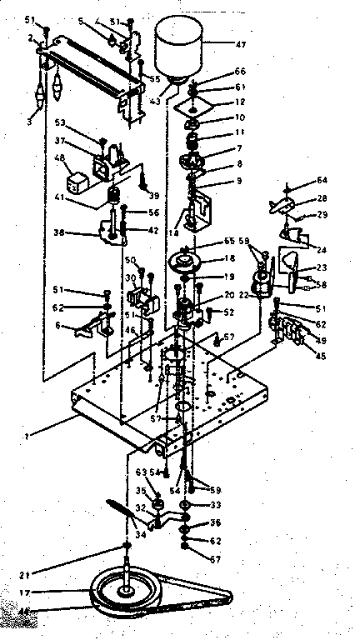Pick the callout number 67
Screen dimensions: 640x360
coord(215,558)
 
